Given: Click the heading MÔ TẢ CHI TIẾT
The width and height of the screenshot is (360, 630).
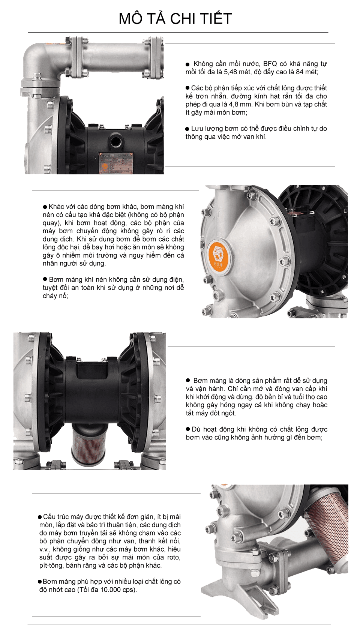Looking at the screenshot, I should pyautogui.click(x=175, y=19).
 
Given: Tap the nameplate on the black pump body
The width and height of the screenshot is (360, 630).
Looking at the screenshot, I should pyautogui.click(x=115, y=162).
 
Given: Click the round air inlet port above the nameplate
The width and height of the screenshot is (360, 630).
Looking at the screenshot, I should pyautogui.click(x=114, y=141).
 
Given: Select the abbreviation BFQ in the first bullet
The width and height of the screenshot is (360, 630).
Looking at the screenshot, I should pyautogui.click(x=270, y=64).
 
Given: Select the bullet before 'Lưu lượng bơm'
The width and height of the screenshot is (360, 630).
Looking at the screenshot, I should pyautogui.click(x=187, y=129).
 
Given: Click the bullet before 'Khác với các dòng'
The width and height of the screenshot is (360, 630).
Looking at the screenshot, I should pyautogui.click(x=45, y=207).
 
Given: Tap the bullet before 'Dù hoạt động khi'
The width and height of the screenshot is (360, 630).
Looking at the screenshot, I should pyautogui.click(x=188, y=429).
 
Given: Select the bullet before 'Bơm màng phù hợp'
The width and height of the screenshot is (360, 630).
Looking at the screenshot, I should pyautogui.click(x=40, y=582).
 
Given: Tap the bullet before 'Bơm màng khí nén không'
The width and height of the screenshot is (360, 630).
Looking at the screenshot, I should pyautogui.click(x=45, y=280).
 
